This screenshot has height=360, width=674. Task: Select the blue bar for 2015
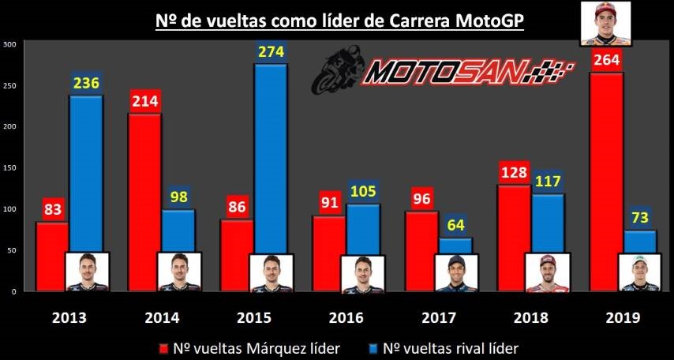point(269,158)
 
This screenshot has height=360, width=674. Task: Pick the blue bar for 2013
point(86,174)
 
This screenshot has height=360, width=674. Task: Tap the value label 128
point(515,174)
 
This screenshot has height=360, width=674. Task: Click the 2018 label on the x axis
point(530,317)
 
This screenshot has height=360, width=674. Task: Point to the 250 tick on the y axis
point(9,85)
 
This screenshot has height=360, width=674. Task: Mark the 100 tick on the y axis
point(9,209)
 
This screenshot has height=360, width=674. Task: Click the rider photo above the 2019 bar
point(602,24)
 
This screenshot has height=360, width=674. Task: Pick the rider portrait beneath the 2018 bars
point(547,272)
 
